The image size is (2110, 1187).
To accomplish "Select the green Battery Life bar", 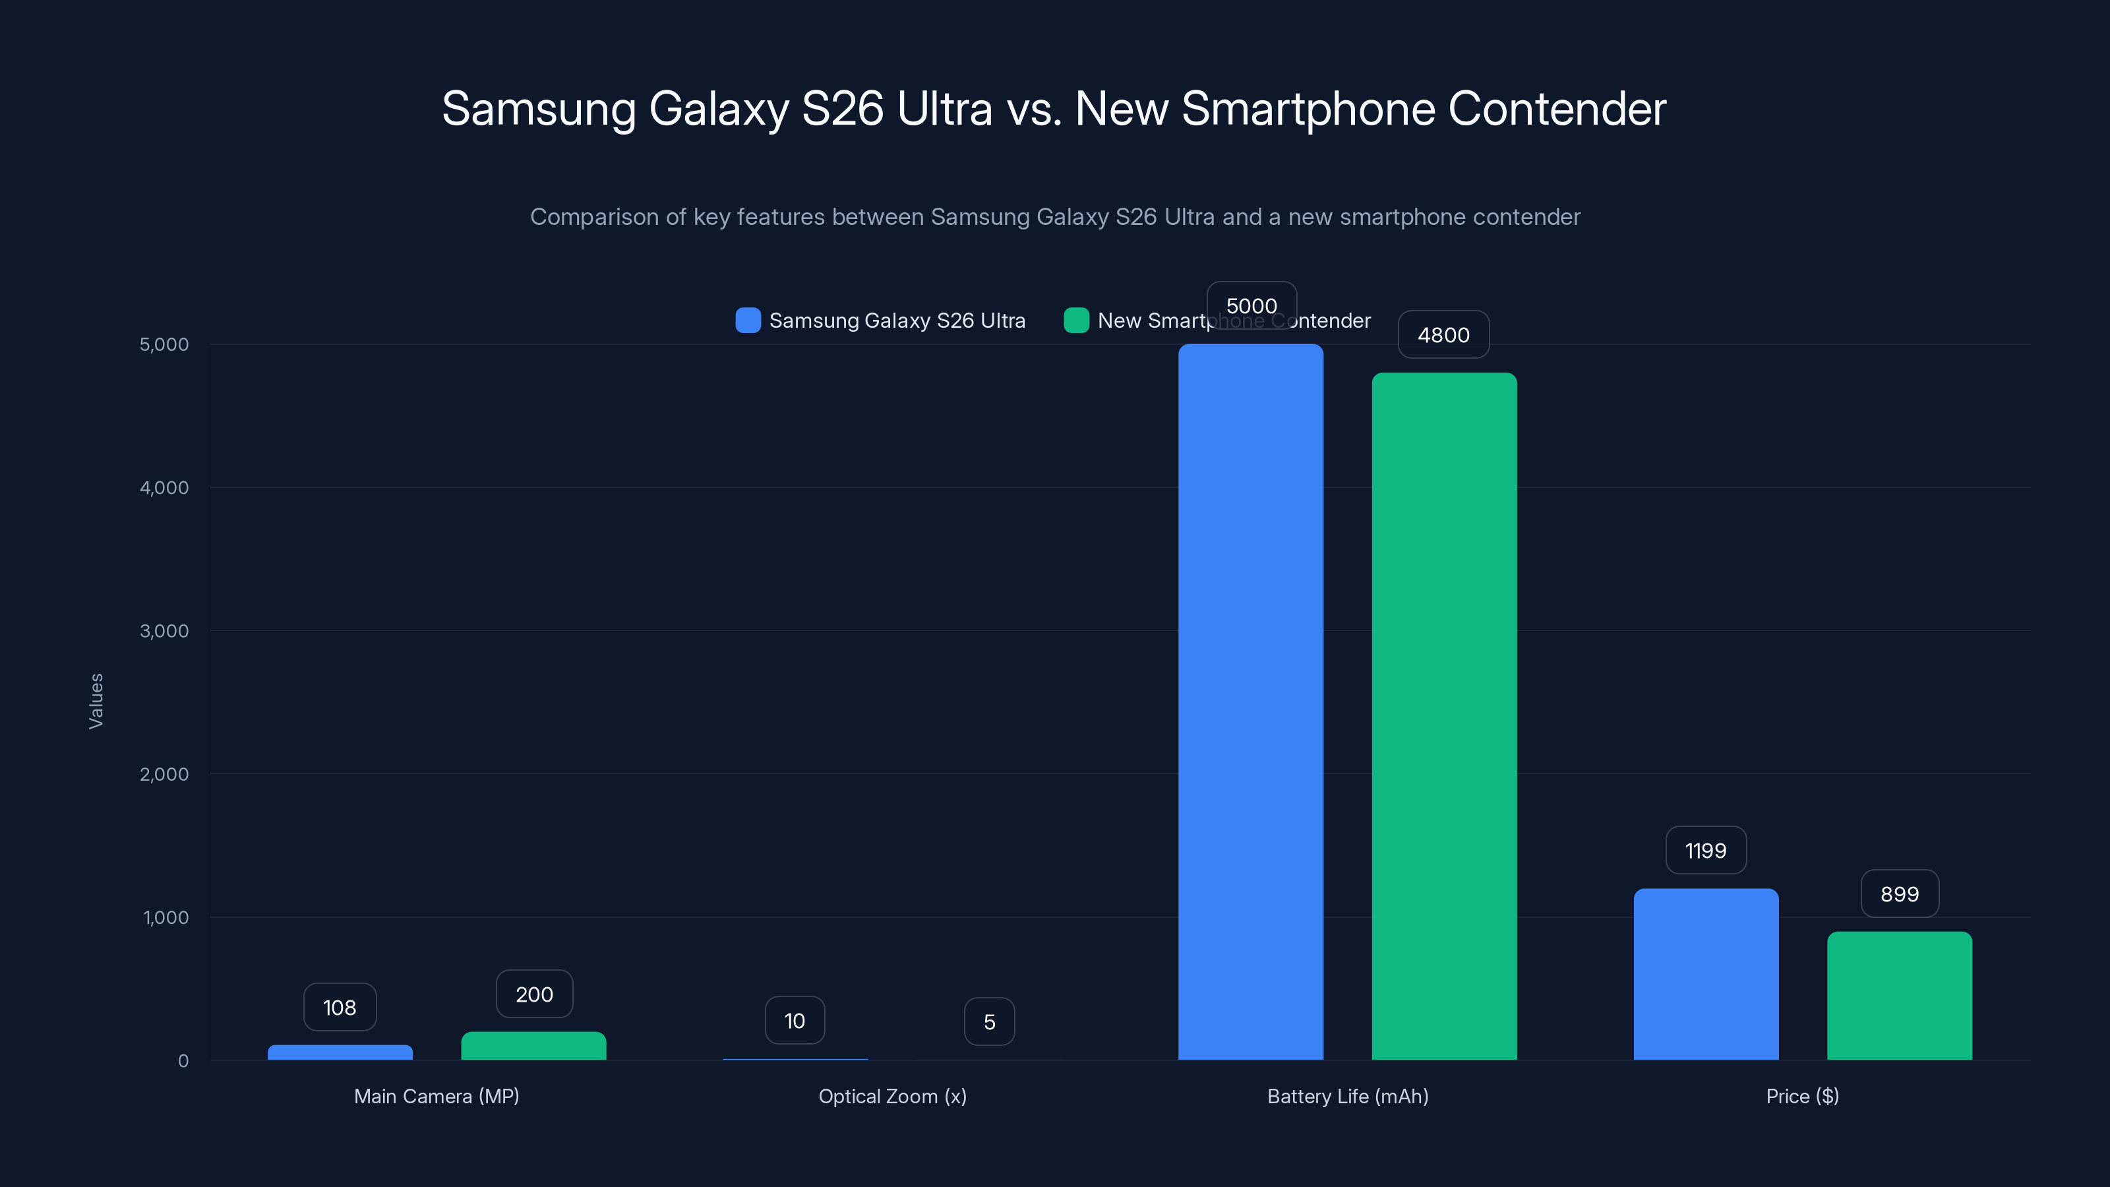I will click(x=1443, y=716).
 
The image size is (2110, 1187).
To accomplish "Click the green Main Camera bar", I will click(x=533, y=1045).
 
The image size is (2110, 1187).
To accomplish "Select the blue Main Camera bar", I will click(x=340, y=1052).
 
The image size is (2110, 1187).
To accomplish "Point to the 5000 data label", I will click(x=1251, y=305).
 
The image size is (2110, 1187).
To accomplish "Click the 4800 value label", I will click(x=1443, y=334).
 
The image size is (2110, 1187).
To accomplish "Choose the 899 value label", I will click(x=1899, y=894).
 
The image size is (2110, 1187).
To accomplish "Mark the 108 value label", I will click(x=339, y=1007).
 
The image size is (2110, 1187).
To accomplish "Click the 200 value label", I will click(x=534, y=994).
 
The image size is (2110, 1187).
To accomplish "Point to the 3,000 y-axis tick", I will click(x=164, y=631).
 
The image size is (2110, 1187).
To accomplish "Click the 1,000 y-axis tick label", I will click(x=166, y=917).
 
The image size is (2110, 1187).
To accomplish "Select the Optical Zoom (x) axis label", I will click(x=892, y=1096).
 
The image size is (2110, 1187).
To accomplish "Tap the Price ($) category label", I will click(x=1802, y=1096).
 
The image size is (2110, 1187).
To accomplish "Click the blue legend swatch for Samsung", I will click(x=748, y=320).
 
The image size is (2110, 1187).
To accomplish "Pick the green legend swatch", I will click(x=1075, y=320).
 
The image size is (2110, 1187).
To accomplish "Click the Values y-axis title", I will click(x=96, y=700).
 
